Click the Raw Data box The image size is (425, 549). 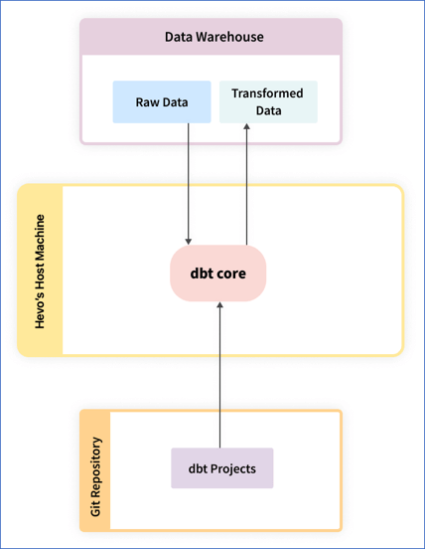(161, 102)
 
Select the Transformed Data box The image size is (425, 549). (268, 102)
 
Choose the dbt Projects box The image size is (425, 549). (221, 467)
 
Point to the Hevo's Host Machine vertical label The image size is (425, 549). (41, 270)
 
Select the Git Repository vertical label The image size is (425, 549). (95, 470)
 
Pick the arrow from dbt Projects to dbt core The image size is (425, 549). (220, 378)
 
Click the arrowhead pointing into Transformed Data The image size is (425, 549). (246, 129)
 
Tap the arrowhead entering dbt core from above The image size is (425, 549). (189, 241)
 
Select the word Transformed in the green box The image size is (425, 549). (267, 93)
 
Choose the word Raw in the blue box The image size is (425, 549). (147, 102)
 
